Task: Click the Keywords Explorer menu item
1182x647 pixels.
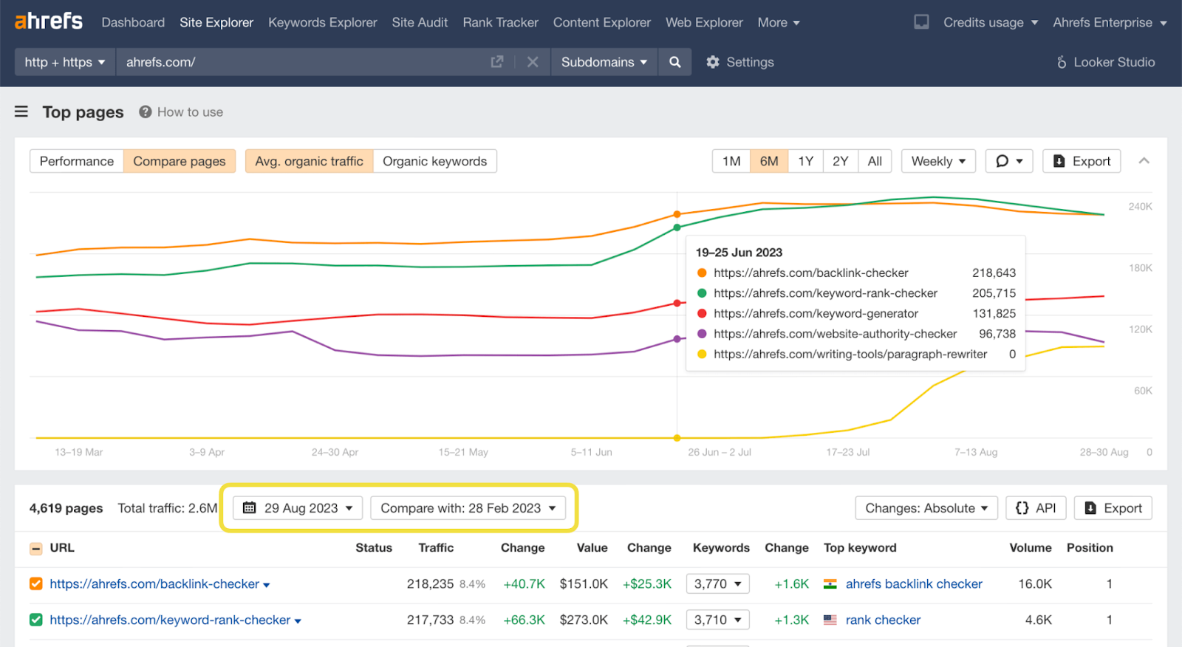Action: coord(322,22)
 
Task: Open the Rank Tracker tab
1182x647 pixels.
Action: coord(500,22)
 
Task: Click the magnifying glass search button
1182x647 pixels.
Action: coord(674,62)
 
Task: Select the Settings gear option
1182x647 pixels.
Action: coord(739,62)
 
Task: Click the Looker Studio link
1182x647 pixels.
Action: coord(1106,62)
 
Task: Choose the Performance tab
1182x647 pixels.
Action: coord(77,161)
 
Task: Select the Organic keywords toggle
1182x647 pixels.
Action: coord(434,161)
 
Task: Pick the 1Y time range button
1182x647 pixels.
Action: coord(805,161)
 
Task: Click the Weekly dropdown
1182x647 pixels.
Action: coord(937,161)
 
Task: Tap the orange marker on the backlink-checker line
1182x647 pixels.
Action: coord(677,214)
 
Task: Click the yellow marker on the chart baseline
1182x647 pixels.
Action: coord(677,438)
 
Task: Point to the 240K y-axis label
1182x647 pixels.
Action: coord(1140,207)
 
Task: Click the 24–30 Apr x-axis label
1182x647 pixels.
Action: coord(335,452)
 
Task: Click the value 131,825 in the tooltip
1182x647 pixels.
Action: coord(994,313)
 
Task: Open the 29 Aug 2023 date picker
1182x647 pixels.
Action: coord(298,508)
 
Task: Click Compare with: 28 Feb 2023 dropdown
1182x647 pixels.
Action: coord(468,508)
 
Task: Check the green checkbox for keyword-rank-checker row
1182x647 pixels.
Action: coord(35,620)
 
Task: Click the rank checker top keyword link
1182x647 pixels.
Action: coord(883,620)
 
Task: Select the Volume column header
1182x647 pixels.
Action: coord(1030,547)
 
